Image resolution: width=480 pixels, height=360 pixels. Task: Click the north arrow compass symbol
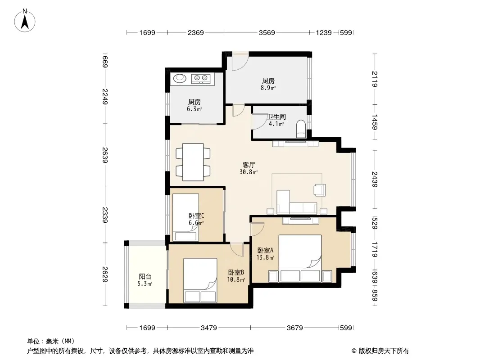25,21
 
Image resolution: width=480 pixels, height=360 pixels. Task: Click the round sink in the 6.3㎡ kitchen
180,79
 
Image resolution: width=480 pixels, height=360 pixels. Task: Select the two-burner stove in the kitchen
201,79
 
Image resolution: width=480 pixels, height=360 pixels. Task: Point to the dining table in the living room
193,162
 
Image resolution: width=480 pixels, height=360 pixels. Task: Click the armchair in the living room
320,190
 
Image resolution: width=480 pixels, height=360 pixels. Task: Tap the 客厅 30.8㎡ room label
249,168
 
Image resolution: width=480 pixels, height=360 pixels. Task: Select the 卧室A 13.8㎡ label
265,254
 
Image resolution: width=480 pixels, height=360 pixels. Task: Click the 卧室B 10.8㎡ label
236,276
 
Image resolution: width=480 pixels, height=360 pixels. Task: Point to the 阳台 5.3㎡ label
145,280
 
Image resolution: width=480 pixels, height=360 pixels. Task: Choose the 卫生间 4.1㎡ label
276,120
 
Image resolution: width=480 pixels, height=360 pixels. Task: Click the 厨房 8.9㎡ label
268,85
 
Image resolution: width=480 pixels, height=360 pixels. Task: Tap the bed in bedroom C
186,217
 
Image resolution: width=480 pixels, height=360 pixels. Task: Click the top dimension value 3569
267,33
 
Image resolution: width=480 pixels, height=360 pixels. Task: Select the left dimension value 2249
105,96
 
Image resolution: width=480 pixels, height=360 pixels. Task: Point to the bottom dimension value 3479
209,328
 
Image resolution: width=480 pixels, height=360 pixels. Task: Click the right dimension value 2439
375,179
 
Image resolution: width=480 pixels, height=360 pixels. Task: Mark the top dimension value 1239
324,33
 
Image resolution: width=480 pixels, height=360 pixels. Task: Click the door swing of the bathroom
259,122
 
